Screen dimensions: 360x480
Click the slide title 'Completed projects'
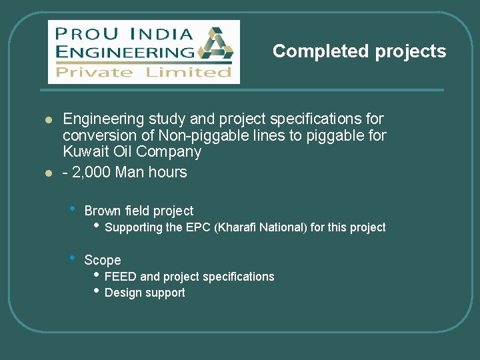click(359, 51)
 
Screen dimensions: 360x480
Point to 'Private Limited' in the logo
click(143, 72)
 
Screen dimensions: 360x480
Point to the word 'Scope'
click(103, 260)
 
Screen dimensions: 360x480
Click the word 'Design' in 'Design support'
click(123, 293)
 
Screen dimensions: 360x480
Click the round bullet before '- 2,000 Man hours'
click(48, 173)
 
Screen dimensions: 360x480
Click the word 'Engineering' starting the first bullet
click(103, 119)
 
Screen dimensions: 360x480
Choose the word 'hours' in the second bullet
click(169, 172)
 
